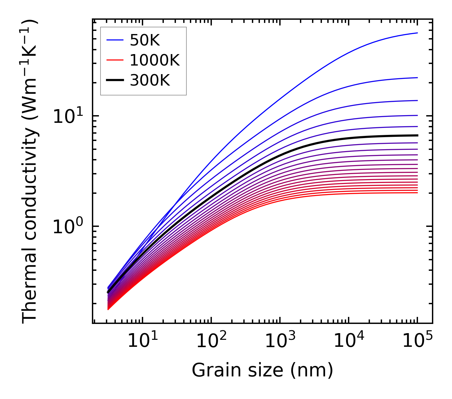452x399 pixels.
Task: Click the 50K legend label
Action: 145,40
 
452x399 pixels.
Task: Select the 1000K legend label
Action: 155,60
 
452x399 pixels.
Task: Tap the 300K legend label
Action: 150,80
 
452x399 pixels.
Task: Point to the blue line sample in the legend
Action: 115,40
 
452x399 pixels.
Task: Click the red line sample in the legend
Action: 115,60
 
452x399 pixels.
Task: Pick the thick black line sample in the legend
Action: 115,80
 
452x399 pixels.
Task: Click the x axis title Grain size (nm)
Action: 262,370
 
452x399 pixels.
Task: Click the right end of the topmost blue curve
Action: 417,33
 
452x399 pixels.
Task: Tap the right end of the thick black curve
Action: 417,135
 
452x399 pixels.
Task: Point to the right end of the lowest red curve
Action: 417,192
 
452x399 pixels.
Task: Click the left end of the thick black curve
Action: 108,292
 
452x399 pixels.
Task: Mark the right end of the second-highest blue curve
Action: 417,78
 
